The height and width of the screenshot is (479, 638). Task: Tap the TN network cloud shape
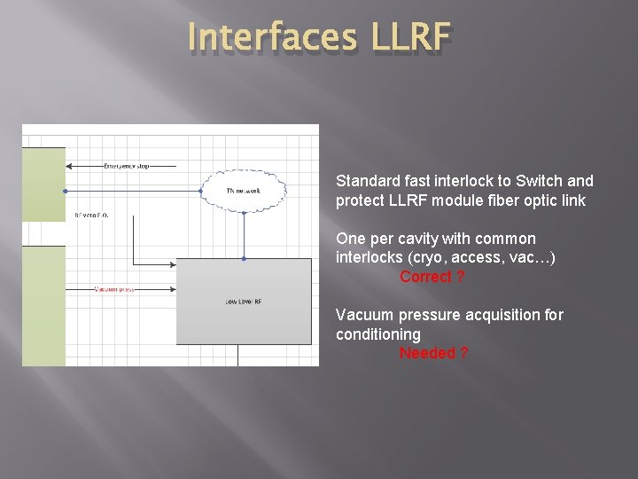pos(243,190)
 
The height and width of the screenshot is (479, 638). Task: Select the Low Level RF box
pos(244,302)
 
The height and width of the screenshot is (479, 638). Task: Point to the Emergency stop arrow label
pos(126,165)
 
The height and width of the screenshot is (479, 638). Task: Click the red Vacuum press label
pos(114,289)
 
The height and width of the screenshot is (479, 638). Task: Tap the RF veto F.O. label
pos(92,215)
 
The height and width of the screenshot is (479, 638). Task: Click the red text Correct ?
pos(432,277)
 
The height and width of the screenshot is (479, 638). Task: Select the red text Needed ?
pos(433,353)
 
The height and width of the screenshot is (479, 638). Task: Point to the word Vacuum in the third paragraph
pos(364,315)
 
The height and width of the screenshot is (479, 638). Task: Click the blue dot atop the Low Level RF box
pos(244,258)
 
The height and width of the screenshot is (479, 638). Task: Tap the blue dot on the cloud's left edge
pos(201,191)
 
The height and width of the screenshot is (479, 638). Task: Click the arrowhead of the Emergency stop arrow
pos(69,166)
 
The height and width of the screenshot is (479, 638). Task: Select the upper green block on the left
pos(43,184)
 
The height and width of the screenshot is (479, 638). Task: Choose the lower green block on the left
pos(43,306)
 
